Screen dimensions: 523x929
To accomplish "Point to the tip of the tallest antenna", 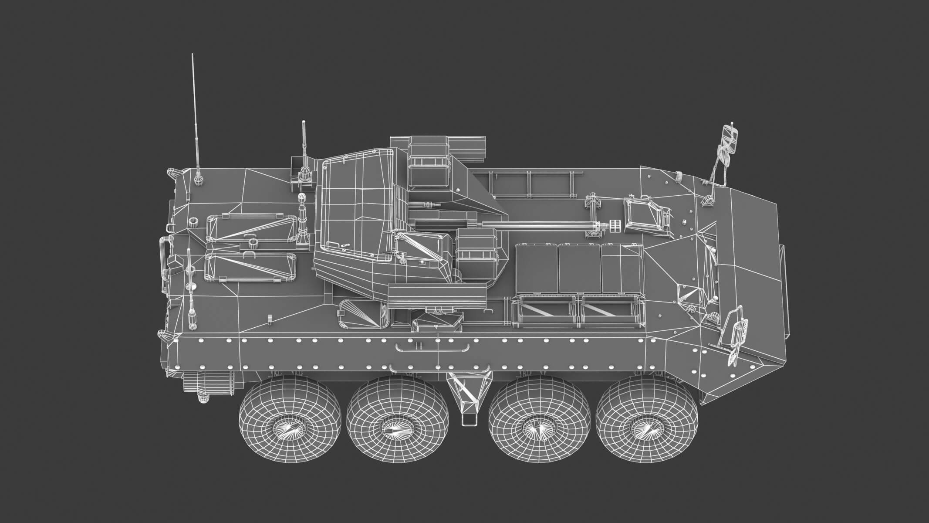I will [192, 55].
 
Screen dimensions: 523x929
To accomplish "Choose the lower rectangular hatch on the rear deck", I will [250, 267].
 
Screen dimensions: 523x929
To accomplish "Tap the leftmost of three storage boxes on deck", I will [536, 268].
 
